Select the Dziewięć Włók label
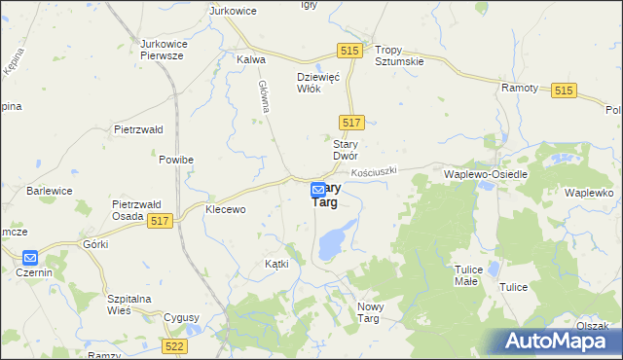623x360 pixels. coord(317,84)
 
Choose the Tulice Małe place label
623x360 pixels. coord(469,274)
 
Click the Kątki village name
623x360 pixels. coord(277,265)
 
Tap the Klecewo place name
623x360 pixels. coord(225,209)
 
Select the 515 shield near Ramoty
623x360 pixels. coord(564,90)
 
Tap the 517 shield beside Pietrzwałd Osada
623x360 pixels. coord(162,223)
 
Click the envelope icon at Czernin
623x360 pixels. coord(29,258)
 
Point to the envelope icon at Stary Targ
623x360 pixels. coord(318,191)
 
